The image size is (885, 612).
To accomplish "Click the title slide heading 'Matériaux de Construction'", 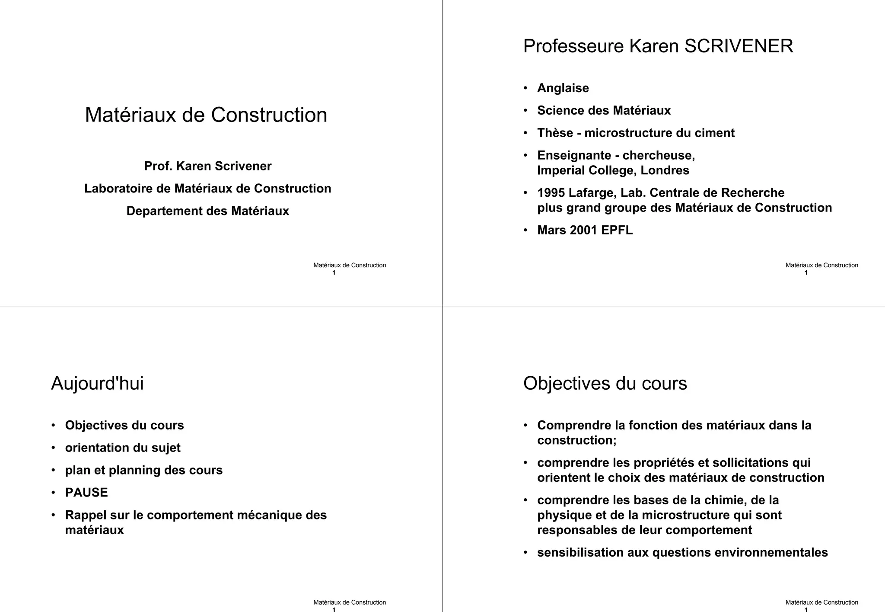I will (x=206, y=115).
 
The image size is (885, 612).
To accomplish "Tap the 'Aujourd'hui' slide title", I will (x=97, y=384).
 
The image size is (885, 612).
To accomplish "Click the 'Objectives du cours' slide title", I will (x=605, y=384).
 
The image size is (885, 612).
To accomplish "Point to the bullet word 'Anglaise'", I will (x=563, y=88).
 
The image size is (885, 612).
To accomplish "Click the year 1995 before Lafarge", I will (x=551, y=193).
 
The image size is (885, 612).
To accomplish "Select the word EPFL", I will (x=617, y=230).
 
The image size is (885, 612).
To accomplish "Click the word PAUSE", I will (x=86, y=493).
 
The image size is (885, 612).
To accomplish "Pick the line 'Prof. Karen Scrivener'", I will (x=208, y=166).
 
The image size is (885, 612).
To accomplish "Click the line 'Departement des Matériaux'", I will (x=208, y=211).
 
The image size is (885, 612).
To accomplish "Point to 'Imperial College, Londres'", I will (x=613, y=170).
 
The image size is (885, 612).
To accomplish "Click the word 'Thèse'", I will (x=555, y=133).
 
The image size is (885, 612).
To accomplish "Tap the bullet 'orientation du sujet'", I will (x=123, y=448).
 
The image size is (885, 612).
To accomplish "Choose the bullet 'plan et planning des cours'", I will (x=143, y=470).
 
